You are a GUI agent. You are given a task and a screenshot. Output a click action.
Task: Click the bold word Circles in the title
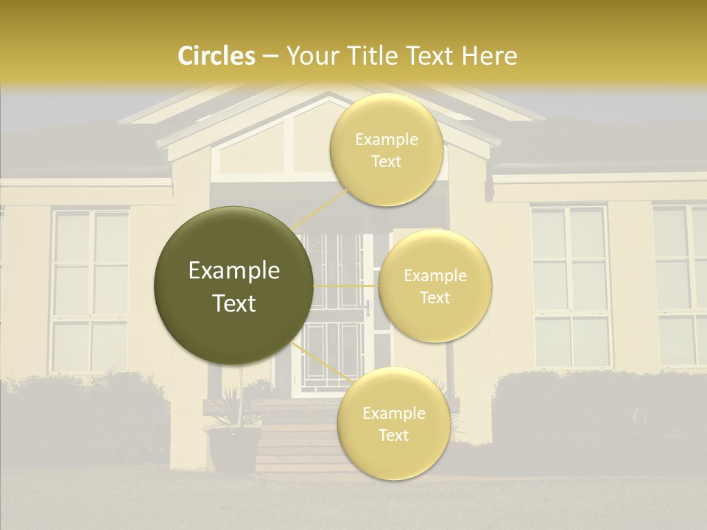(x=217, y=56)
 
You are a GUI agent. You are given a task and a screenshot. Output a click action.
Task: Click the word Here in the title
(x=490, y=56)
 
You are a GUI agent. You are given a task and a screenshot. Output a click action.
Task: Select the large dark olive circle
(x=233, y=286)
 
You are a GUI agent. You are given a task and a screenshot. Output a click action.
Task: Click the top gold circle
(x=386, y=150)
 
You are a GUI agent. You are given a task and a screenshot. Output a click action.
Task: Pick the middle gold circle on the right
(x=435, y=286)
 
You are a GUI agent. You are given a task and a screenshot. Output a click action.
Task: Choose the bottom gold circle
(x=393, y=424)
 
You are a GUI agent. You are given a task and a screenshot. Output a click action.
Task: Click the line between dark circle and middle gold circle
(x=346, y=286)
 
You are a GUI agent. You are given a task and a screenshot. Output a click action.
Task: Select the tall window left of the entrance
(x=90, y=291)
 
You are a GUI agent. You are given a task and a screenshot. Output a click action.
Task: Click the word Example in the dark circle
(x=233, y=271)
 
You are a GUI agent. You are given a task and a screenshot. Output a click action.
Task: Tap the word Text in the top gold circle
(x=386, y=161)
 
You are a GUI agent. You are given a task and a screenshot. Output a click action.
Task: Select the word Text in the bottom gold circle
(x=393, y=435)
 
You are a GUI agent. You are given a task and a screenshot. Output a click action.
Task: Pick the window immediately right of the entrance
(x=571, y=287)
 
